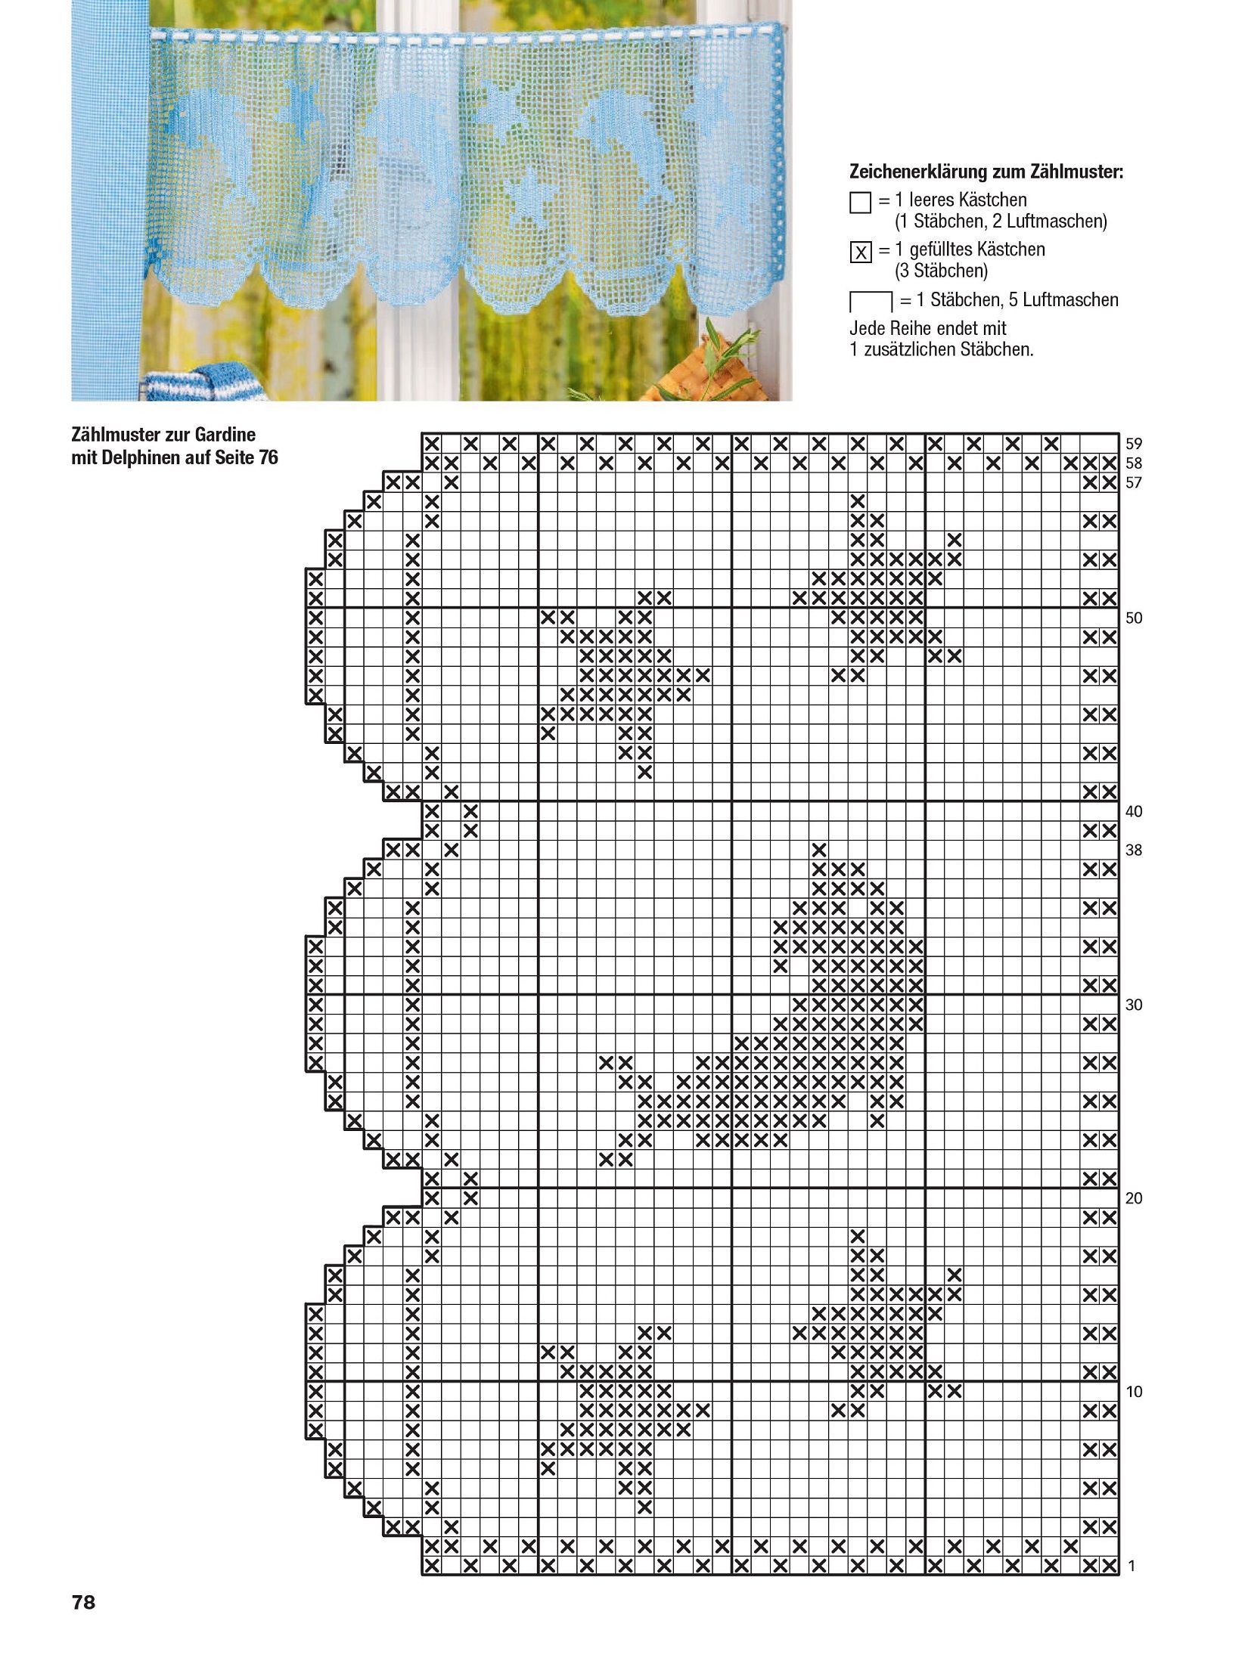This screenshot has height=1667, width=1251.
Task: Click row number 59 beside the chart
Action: (x=1133, y=444)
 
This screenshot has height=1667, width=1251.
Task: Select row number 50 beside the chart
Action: (x=1133, y=618)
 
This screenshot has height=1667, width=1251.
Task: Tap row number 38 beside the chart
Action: (x=1133, y=850)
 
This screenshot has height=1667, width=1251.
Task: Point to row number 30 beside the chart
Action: (x=1133, y=1005)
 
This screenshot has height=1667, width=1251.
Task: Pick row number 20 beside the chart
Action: (x=1133, y=1198)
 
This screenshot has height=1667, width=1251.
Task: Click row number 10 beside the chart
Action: (x=1133, y=1392)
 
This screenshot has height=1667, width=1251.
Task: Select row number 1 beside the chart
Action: (x=1131, y=1566)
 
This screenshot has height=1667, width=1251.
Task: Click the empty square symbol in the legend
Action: (x=860, y=203)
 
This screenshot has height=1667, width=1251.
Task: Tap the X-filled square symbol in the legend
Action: (x=860, y=253)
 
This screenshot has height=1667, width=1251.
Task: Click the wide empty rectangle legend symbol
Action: (x=871, y=302)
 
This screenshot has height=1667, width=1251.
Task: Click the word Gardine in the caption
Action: (x=225, y=435)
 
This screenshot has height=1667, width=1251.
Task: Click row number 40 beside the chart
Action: (x=1133, y=811)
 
